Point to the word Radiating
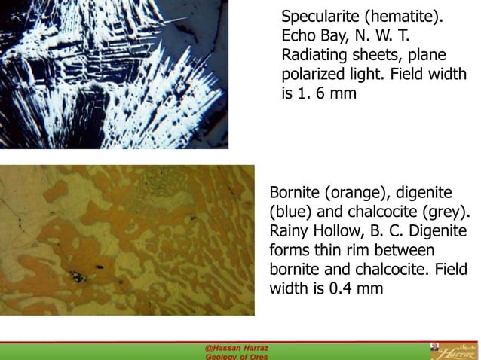pyautogui.click(x=317, y=56)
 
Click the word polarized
pyautogui.click(x=314, y=75)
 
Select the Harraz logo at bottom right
pyautogui.click(x=452, y=351)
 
